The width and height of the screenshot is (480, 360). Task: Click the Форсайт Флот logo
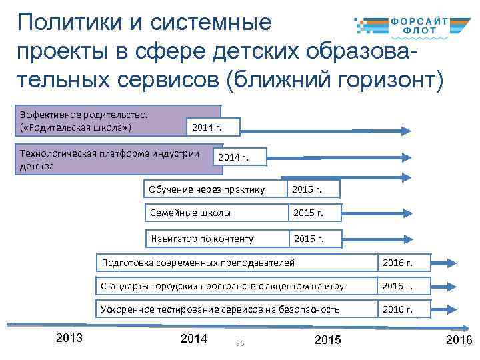point(411,25)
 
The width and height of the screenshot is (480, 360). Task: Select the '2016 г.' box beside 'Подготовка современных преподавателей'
point(403,263)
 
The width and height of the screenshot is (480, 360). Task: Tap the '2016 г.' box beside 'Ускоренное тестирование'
point(403,309)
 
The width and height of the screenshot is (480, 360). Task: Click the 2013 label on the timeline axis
point(69,338)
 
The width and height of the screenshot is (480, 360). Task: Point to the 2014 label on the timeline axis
point(194,338)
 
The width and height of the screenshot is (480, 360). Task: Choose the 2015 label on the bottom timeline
point(327,340)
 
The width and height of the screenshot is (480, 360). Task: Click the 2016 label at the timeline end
point(459,341)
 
